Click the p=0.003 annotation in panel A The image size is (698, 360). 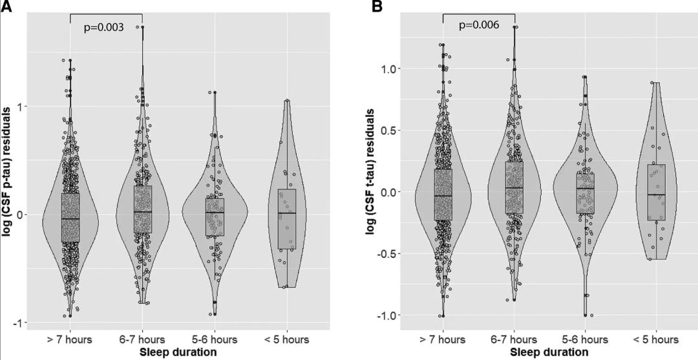[x=104, y=27]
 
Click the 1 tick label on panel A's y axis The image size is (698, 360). [x=23, y=106]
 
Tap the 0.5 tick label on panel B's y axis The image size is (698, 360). [x=392, y=131]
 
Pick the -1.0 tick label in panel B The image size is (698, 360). [x=390, y=315]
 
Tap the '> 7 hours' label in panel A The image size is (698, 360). [x=70, y=339]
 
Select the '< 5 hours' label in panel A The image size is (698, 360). [x=286, y=339]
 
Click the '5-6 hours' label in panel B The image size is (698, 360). [x=586, y=339]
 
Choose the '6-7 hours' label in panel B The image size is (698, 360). [x=514, y=339]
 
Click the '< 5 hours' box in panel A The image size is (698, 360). [x=287, y=219]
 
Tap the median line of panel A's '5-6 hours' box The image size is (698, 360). [x=215, y=213]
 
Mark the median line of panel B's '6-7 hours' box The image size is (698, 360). [x=514, y=188]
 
